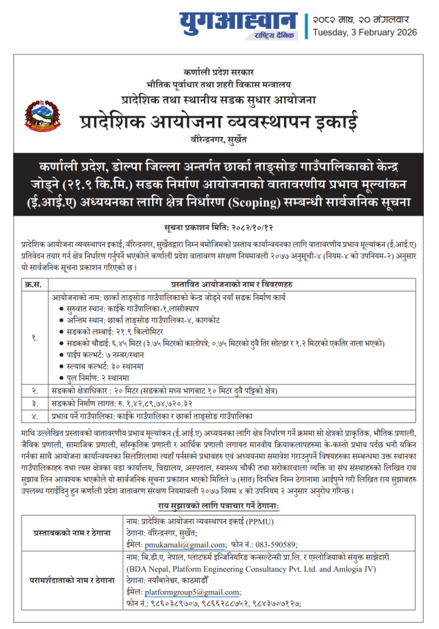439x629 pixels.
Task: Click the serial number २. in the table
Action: tap(34, 391)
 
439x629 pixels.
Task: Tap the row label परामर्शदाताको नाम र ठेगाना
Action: tap(72, 579)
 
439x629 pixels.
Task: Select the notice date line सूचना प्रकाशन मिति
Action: tap(219, 227)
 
